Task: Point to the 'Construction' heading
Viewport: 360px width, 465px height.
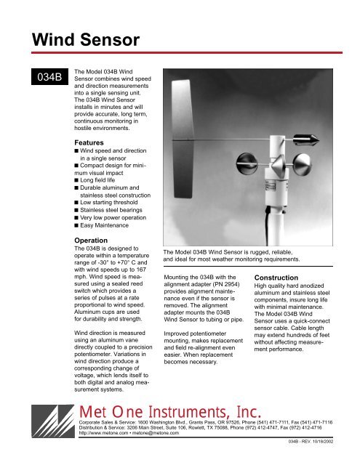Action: (282, 278)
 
